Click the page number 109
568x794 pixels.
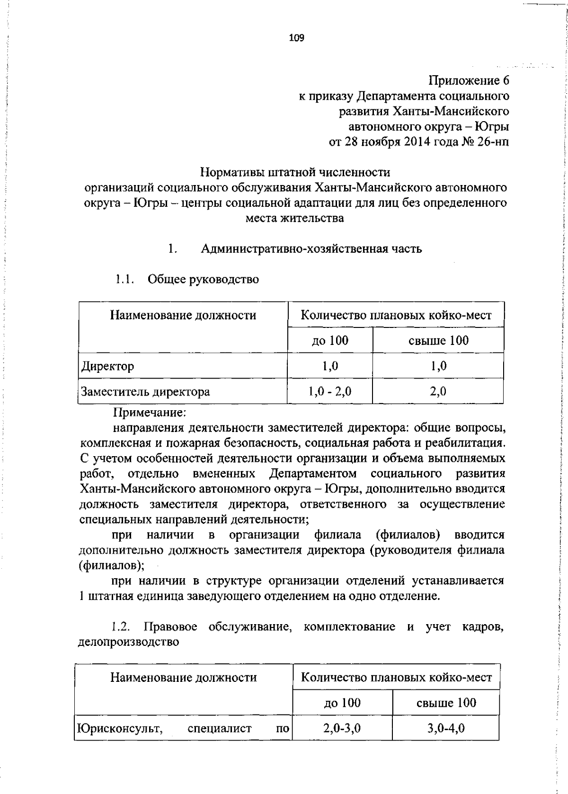click(x=297, y=38)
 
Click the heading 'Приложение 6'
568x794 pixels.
click(x=469, y=80)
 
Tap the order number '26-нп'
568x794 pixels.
click(x=493, y=141)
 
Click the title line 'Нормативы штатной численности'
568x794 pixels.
click(x=295, y=172)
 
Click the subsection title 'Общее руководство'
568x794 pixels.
click(x=204, y=279)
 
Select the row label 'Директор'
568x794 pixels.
click(x=108, y=366)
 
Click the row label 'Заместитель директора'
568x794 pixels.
click(x=145, y=391)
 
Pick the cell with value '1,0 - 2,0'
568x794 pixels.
click(x=330, y=391)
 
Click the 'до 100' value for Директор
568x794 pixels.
click(x=330, y=366)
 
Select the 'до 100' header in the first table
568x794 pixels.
click(x=330, y=340)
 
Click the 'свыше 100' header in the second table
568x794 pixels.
click(x=446, y=702)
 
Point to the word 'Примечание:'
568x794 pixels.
click(x=150, y=413)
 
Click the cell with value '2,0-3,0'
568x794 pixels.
click(x=342, y=728)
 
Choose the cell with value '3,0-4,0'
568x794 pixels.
click(x=446, y=728)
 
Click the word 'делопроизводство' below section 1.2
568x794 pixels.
click(x=129, y=642)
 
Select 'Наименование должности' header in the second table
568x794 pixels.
click(x=184, y=677)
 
